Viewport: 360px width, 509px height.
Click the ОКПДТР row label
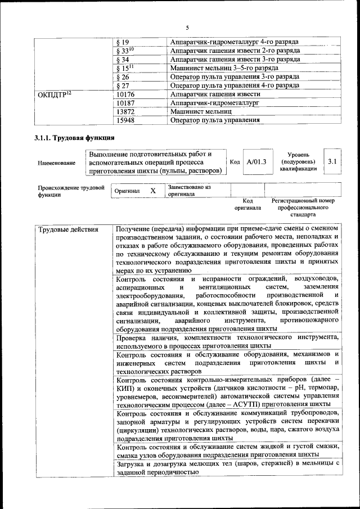pos(54,94)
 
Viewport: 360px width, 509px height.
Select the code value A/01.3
pos(256,161)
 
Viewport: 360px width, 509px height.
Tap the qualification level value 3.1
pos(332,161)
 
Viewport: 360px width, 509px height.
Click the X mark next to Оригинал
pos(153,191)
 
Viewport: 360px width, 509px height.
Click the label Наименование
pos(57,163)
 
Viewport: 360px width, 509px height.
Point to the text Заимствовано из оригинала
pos(189,190)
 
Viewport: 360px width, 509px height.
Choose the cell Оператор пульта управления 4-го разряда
pos(233,85)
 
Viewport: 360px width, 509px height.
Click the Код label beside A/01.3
pos(235,162)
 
